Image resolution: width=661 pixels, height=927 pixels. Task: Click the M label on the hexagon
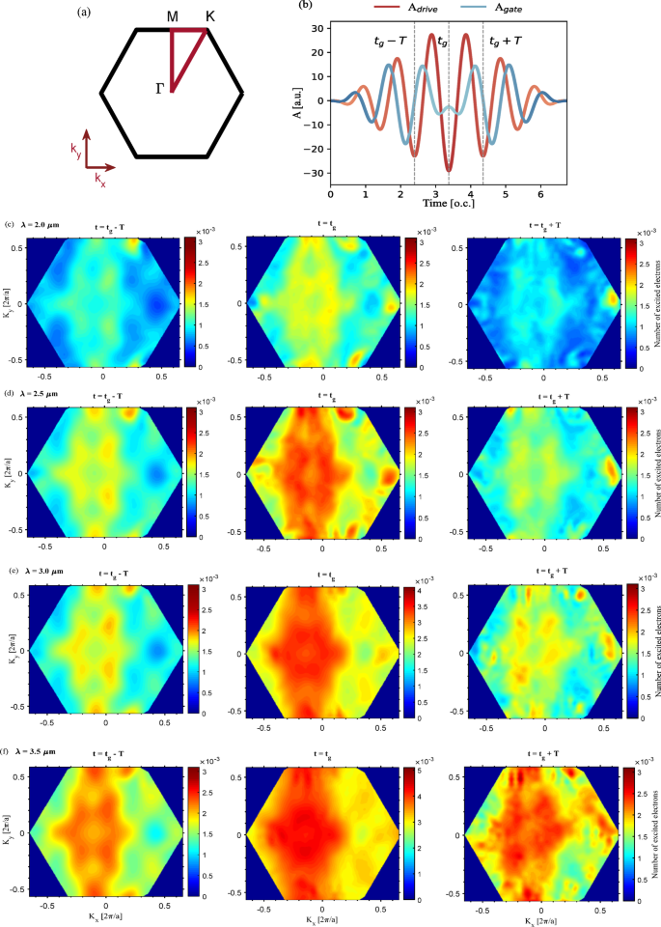(x=171, y=16)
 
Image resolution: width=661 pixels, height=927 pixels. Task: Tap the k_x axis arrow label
(x=101, y=180)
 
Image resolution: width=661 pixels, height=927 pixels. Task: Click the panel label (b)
(x=331, y=6)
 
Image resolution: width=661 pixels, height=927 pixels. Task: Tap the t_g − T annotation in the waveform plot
(x=391, y=42)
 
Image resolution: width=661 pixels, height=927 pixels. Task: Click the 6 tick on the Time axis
(x=540, y=194)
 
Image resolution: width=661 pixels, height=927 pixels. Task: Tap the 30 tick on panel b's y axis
(x=318, y=29)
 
